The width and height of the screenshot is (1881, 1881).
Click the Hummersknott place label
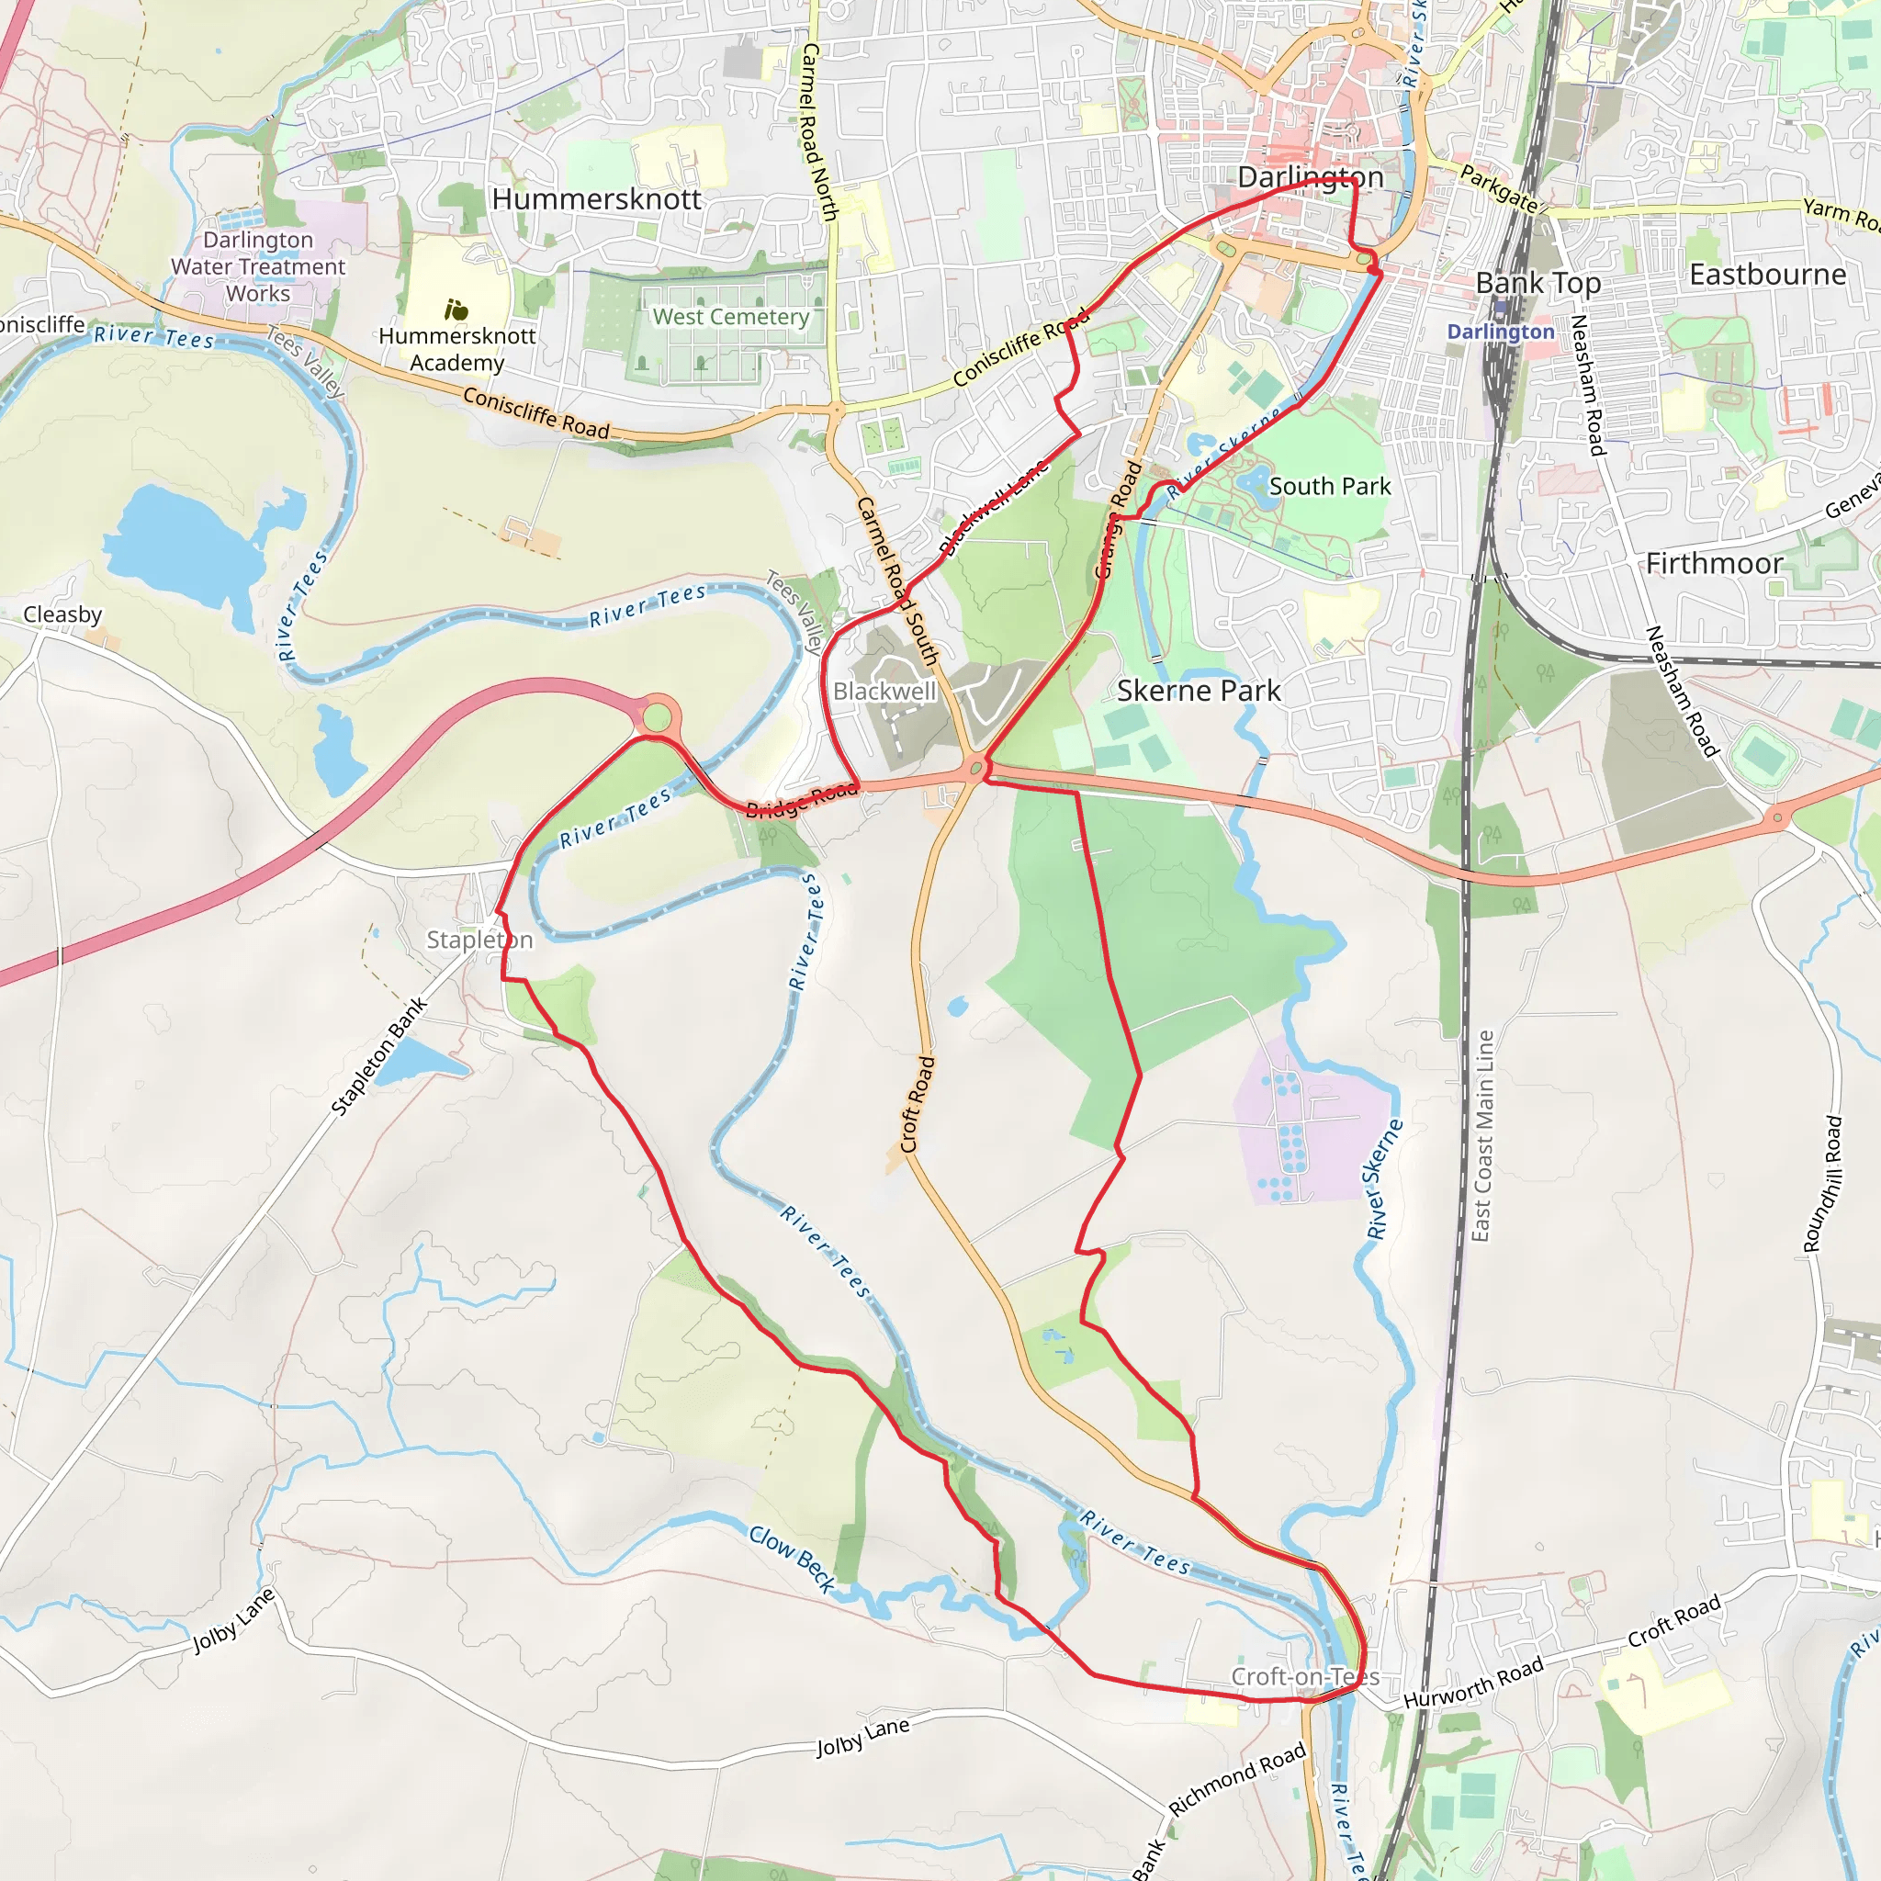(596, 199)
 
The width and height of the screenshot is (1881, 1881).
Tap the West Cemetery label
(730, 317)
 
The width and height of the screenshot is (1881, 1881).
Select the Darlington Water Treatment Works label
(258, 266)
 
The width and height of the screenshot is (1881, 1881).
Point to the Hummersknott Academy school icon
(456, 310)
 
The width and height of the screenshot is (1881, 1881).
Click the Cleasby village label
(62, 614)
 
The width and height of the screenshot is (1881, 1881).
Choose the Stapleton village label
(480, 940)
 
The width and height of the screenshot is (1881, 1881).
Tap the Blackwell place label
(884, 692)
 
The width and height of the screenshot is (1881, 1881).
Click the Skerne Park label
(1199, 692)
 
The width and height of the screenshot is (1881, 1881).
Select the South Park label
(1330, 487)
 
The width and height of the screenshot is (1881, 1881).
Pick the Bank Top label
(1538, 283)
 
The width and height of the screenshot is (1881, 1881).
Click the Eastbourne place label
(1767, 275)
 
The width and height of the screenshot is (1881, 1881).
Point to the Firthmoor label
(1714, 564)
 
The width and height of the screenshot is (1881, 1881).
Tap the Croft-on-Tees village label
(1304, 1676)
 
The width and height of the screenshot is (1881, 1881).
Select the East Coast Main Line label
(1481, 1136)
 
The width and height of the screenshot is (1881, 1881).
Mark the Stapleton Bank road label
(378, 1056)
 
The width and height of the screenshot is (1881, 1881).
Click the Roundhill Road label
(1822, 1184)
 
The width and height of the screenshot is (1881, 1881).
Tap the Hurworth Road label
(1473, 1682)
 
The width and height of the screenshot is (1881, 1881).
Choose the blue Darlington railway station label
(1501, 332)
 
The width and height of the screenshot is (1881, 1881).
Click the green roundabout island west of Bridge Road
(658, 718)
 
